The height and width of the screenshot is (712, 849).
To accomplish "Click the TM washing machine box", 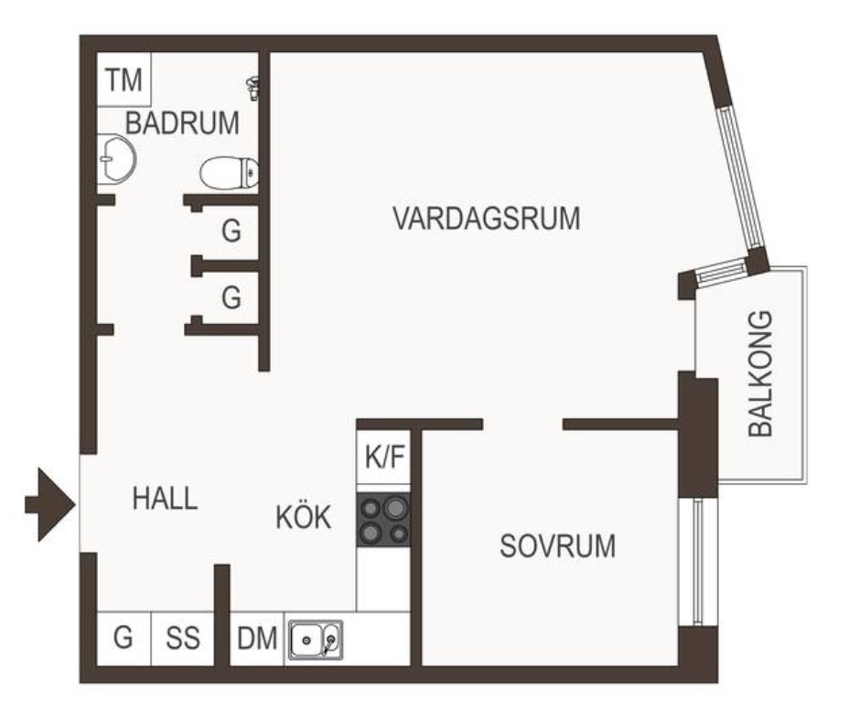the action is (x=124, y=80).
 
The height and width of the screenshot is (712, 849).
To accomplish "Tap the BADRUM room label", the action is (x=182, y=123).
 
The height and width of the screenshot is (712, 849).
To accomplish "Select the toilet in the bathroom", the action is (x=230, y=173).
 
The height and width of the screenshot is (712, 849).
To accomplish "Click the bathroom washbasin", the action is (x=116, y=158).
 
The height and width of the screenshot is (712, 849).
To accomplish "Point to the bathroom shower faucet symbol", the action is (x=253, y=89).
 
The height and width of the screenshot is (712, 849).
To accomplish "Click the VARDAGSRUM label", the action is (x=486, y=218).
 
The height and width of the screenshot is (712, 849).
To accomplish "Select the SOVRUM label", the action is (x=558, y=545).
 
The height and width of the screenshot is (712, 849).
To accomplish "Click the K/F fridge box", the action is (x=384, y=457).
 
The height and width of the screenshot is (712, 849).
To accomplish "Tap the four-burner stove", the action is (x=383, y=520).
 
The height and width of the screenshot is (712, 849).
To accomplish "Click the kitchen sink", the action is (x=315, y=640).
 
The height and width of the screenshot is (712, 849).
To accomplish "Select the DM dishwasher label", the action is (x=257, y=638).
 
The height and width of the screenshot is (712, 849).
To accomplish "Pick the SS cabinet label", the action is (x=183, y=638).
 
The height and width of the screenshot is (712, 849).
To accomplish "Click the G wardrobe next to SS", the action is (x=124, y=637).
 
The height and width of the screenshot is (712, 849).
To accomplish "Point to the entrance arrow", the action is (x=49, y=504).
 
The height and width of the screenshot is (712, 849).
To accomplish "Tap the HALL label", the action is (x=166, y=498).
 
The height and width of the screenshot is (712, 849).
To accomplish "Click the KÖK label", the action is (x=303, y=517).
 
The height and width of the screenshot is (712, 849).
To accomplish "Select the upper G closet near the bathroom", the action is (x=231, y=231).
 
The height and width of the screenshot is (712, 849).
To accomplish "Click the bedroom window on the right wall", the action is (x=698, y=562).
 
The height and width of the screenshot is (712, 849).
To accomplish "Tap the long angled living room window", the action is (x=739, y=178).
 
